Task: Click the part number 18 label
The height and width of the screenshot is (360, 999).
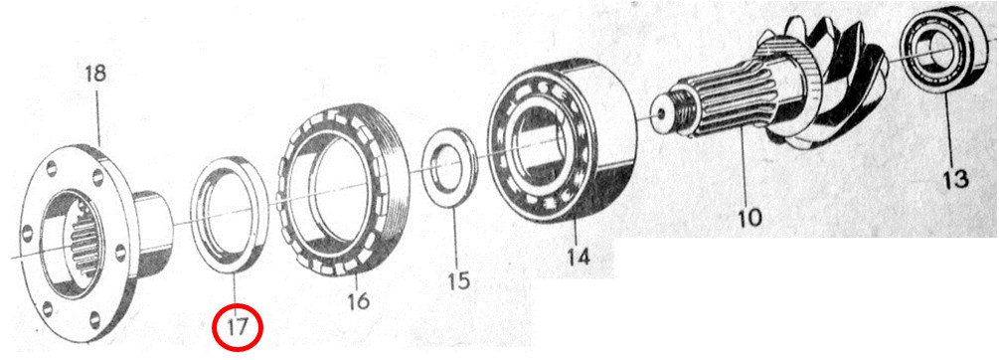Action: [95, 74]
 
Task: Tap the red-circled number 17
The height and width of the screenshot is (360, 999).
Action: [237, 327]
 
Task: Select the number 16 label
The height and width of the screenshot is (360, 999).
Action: [359, 300]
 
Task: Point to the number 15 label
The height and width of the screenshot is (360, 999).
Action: [458, 279]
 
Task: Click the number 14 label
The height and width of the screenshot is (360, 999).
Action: [579, 257]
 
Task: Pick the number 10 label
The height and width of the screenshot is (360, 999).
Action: [749, 218]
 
